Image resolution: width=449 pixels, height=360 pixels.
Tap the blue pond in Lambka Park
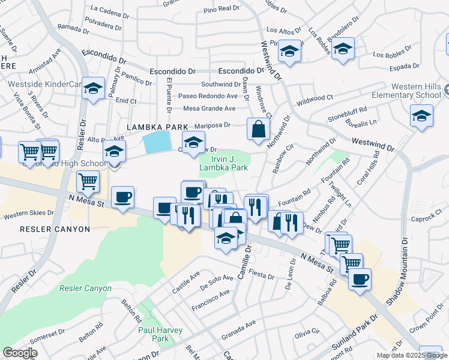pos(157,143)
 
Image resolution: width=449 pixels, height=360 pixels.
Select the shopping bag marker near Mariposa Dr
pos(258,130)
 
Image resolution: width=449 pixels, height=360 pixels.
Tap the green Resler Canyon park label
pos(85,288)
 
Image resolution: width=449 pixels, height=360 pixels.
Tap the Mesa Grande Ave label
pos(209,109)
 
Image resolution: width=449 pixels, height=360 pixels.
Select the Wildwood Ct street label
pos(315,98)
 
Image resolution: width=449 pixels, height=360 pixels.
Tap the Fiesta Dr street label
pos(261,277)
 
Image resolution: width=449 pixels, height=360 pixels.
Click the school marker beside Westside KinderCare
pos(93,90)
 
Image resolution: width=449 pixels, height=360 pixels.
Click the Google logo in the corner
pos(20,353)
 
